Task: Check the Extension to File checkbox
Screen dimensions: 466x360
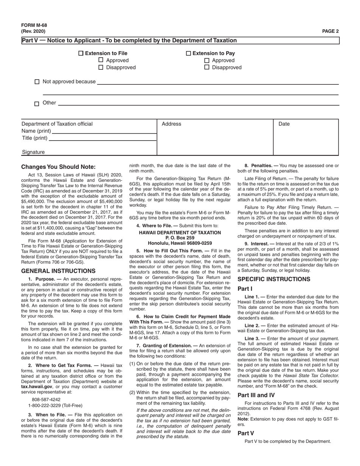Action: pos(81,53)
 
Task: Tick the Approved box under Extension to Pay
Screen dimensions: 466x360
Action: pos(207,61)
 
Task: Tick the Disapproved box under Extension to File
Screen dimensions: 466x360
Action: pos(101,67)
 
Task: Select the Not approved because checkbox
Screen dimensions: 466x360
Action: pos(37,82)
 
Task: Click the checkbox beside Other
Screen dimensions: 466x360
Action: pos(37,103)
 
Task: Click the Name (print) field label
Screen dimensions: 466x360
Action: pos(36,131)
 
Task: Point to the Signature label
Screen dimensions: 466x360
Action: pos(33,152)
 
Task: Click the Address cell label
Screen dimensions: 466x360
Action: pos(171,124)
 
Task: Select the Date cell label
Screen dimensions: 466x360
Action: pos(284,124)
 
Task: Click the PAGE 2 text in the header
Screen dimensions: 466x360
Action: pos(330,31)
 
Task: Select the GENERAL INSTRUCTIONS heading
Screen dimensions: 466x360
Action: pos(58,271)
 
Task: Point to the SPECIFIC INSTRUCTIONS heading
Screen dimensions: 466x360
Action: pos(274,279)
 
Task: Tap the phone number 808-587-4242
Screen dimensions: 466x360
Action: pos(46,399)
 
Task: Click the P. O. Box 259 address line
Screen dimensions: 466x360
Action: pos(180,238)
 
